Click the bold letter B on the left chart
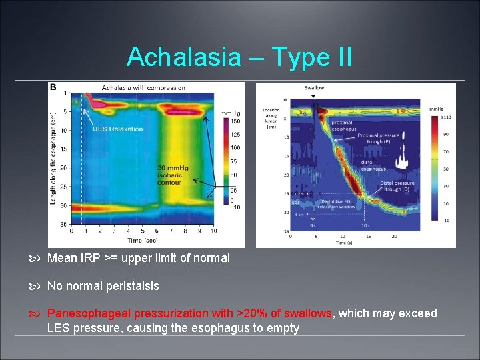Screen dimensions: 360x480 [53, 87]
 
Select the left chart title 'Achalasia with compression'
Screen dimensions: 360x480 [143, 87]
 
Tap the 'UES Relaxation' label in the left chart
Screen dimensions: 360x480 [117, 129]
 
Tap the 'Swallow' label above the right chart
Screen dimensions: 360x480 [315, 88]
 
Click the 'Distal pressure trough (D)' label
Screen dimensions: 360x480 [398, 186]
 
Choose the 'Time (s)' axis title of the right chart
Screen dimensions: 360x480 [343, 242]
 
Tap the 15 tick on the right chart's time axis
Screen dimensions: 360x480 [369, 236]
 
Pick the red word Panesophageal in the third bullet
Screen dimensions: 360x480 [89, 313]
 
